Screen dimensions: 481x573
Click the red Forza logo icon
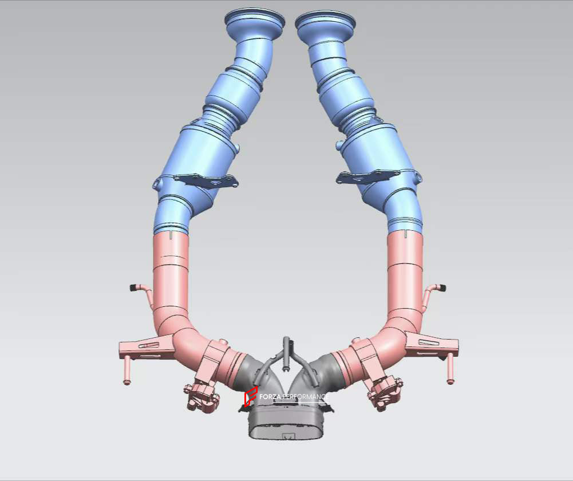250,396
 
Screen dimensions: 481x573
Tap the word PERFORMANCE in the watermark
309,396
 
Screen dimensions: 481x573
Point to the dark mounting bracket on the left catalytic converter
206,181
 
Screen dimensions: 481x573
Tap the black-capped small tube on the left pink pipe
135,286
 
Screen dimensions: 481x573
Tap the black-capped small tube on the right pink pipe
441,287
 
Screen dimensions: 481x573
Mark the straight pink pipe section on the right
405,275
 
